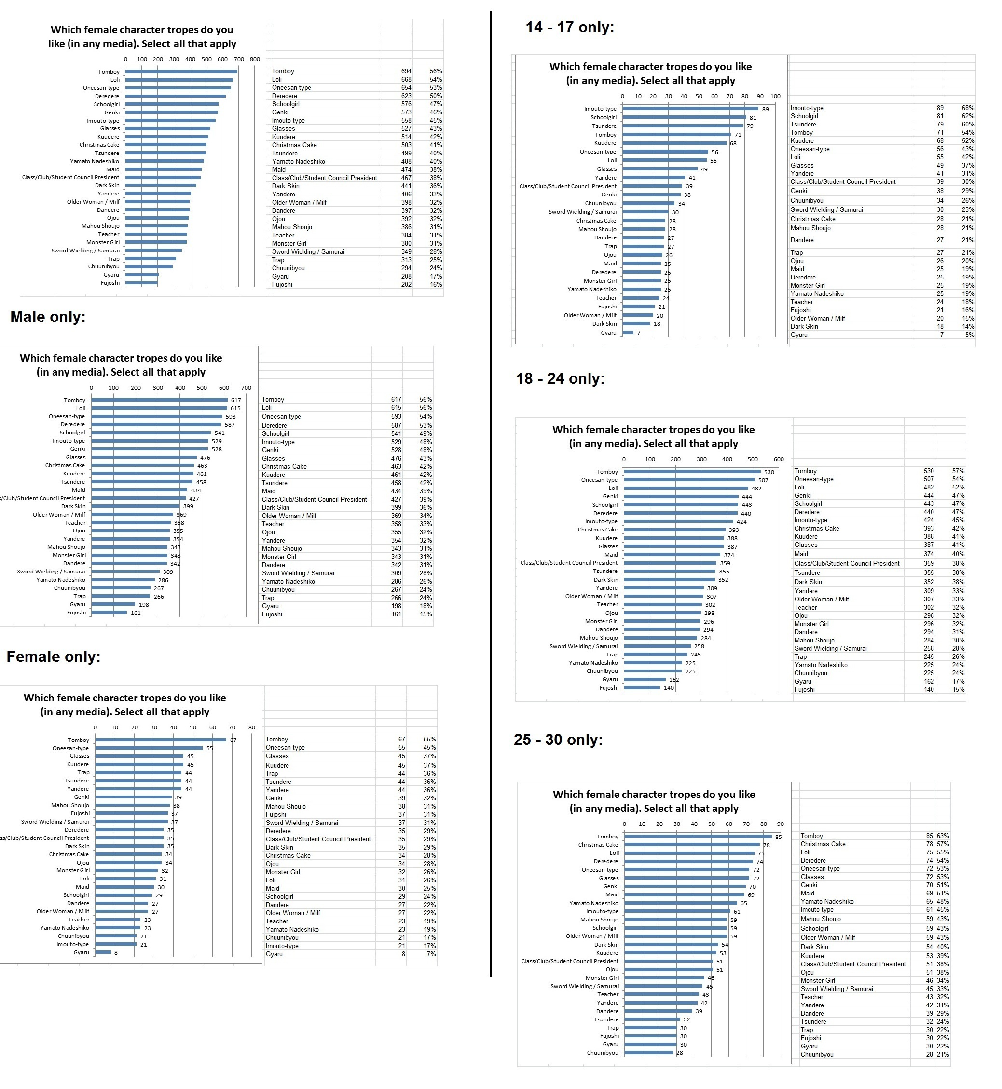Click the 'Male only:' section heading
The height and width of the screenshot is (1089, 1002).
[x=48, y=317]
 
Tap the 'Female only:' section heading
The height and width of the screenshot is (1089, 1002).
[x=53, y=656]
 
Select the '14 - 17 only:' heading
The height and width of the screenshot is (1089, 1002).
[x=569, y=27]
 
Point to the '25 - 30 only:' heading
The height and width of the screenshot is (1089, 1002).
[x=558, y=740]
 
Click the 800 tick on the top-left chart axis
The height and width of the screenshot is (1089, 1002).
[x=255, y=59]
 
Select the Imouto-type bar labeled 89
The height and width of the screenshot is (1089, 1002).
[x=690, y=109]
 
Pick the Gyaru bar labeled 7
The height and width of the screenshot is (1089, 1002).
[x=628, y=333]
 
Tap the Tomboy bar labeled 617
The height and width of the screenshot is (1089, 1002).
[x=159, y=400]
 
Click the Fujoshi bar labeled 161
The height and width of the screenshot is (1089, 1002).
[x=109, y=613]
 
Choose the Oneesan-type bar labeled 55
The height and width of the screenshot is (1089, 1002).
[x=149, y=748]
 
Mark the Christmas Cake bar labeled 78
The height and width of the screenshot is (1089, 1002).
[x=692, y=844]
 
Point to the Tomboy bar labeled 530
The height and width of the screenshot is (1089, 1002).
[x=692, y=472]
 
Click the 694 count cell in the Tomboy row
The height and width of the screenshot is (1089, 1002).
[x=406, y=71]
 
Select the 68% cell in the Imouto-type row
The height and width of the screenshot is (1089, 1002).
[x=968, y=108]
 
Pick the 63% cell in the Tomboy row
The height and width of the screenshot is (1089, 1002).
[x=943, y=836]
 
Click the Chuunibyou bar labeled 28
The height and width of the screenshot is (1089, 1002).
[x=648, y=1053]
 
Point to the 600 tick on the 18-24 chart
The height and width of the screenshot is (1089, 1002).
[x=779, y=459]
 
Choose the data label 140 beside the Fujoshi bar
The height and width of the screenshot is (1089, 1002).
[x=669, y=688]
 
